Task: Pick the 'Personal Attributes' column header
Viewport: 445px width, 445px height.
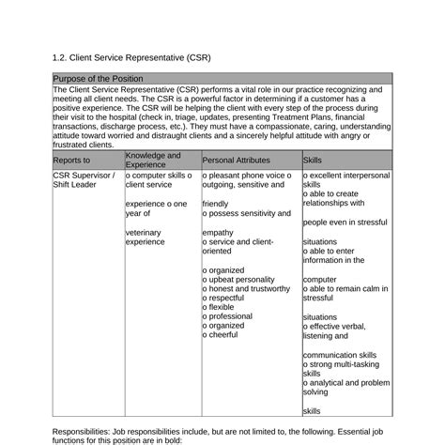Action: pyautogui.click(x=236, y=161)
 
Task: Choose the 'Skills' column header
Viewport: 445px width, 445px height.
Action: pyautogui.click(x=312, y=161)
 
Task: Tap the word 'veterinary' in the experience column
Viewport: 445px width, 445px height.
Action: pyautogui.click(x=144, y=231)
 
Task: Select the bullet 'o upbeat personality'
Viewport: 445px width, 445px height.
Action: pyautogui.click(x=239, y=281)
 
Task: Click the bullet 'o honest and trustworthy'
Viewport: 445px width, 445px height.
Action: pyautogui.click(x=246, y=290)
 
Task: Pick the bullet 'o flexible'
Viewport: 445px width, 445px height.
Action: pyautogui.click(x=222, y=308)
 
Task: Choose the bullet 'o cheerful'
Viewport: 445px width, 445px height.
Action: pyautogui.click(x=223, y=335)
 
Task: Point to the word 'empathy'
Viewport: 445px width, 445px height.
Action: pyautogui.click(x=218, y=231)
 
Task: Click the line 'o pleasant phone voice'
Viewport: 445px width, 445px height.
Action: pyautogui.click(x=246, y=175)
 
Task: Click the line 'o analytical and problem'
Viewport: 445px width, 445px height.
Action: pyautogui.click(x=346, y=383)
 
